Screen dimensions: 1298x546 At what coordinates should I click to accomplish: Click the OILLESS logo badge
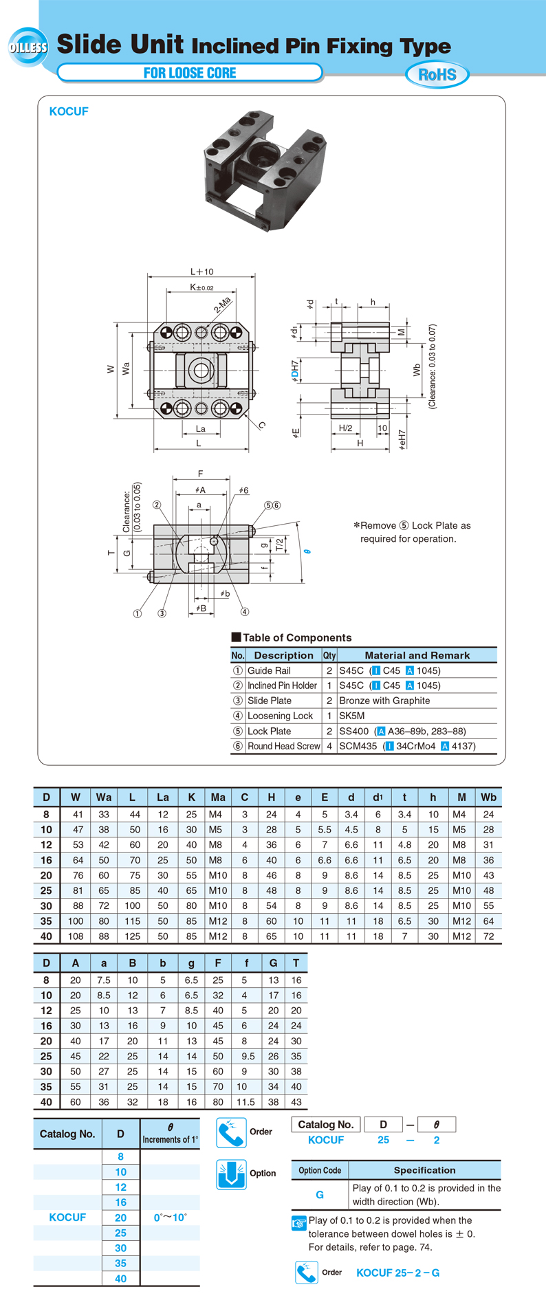(x=28, y=47)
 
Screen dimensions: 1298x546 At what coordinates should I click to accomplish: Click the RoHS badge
(x=437, y=74)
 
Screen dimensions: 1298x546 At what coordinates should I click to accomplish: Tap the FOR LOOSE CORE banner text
(x=190, y=73)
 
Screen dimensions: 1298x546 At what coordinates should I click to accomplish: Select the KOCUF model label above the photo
(x=69, y=111)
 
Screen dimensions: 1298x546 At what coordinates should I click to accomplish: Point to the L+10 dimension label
(x=201, y=272)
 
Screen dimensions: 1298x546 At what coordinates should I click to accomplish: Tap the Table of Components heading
(x=296, y=637)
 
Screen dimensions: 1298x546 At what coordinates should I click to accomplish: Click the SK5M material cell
(x=352, y=716)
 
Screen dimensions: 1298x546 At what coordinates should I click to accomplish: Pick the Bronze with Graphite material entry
(x=384, y=701)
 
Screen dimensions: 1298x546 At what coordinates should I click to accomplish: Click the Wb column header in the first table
(x=488, y=797)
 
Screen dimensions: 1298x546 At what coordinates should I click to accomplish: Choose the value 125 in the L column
(x=132, y=936)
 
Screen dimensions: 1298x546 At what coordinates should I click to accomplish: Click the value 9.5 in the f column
(x=247, y=1056)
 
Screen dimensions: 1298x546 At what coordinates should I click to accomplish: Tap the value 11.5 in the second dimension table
(x=245, y=1101)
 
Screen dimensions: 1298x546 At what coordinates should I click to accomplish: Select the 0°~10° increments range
(x=171, y=1217)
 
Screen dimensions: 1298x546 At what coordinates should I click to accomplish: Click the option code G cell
(x=319, y=1195)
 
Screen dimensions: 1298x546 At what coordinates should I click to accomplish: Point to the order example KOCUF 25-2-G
(x=397, y=1273)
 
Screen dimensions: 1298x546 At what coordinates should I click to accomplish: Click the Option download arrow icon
(x=231, y=1174)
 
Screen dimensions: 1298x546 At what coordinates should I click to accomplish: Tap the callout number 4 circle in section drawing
(x=245, y=612)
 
